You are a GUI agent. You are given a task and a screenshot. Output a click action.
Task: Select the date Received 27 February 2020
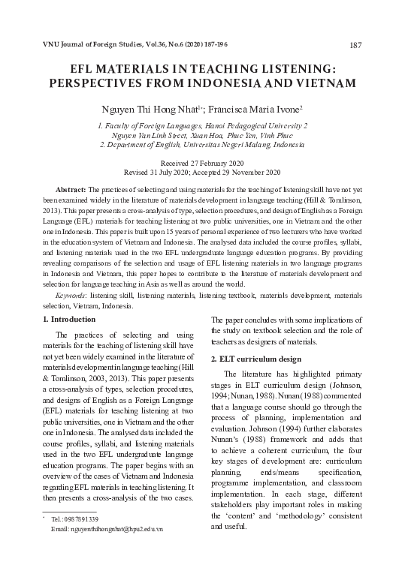point(202,163)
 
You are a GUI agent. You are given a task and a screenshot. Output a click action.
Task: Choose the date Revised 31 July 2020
point(156,172)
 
